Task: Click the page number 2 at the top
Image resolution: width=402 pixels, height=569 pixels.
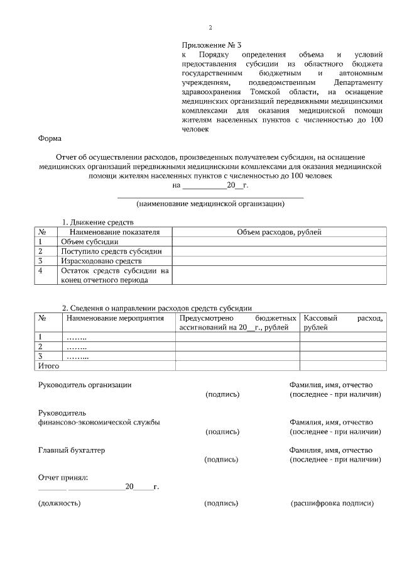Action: (x=210, y=27)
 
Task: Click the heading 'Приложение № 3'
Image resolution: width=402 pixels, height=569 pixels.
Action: (x=211, y=45)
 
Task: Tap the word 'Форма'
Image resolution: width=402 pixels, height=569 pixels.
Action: (x=50, y=139)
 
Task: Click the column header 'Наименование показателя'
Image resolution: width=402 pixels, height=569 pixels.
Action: (x=110, y=232)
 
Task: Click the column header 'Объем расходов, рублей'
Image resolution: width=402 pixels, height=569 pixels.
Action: (x=279, y=232)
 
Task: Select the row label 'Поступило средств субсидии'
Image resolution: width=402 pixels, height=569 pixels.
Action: (x=111, y=251)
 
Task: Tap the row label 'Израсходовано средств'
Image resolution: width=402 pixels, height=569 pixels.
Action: (x=101, y=260)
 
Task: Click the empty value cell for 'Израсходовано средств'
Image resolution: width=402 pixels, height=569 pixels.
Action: (x=279, y=260)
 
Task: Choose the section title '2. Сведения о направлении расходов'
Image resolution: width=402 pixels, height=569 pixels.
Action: (x=156, y=308)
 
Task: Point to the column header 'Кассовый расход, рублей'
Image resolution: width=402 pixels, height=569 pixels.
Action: (x=342, y=323)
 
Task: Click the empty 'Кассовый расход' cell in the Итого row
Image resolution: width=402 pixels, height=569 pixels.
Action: (x=342, y=365)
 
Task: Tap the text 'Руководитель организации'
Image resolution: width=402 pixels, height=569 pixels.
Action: (x=85, y=385)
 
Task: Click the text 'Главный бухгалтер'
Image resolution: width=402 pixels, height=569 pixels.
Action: (x=72, y=450)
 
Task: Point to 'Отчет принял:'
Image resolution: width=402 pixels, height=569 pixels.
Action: (x=63, y=478)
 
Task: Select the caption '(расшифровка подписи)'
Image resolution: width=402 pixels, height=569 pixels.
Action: (x=332, y=504)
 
